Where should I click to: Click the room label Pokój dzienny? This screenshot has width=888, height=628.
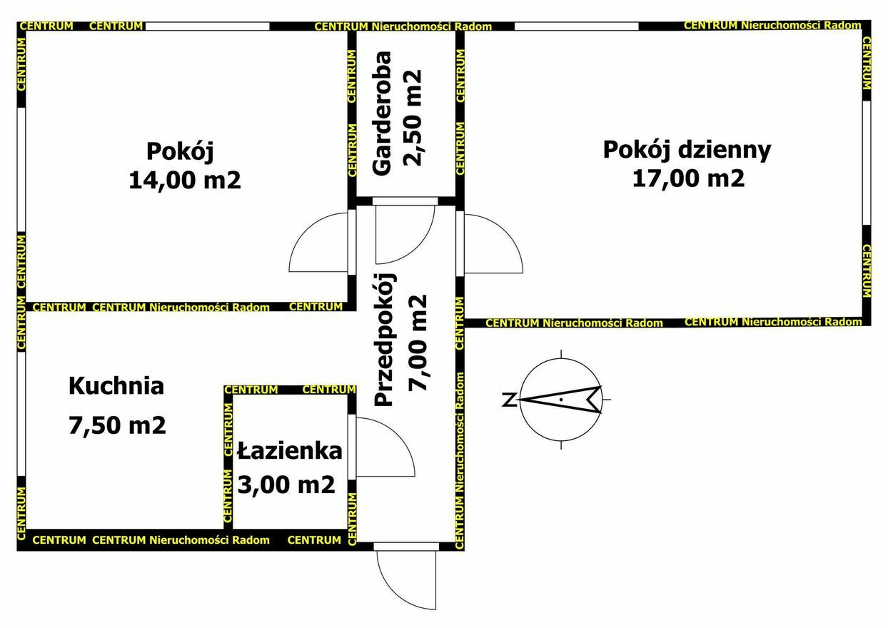[687, 151]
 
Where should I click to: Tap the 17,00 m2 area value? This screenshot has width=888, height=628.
[688, 178]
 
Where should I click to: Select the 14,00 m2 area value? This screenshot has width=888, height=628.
[185, 181]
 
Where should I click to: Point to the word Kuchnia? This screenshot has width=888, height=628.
[116, 386]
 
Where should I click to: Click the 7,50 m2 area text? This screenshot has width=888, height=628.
[117, 425]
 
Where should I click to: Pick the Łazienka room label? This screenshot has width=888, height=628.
[289, 451]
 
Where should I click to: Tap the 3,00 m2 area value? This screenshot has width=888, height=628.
[286, 484]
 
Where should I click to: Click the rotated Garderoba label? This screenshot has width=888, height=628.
[382, 113]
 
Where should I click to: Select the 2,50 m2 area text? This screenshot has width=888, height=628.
[413, 118]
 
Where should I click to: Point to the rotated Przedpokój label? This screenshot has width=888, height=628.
[384, 340]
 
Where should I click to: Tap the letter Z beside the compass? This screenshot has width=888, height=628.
[509, 400]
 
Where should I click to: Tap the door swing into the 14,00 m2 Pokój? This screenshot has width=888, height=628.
[306, 230]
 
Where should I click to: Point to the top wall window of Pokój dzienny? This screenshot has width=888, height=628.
[577, 26]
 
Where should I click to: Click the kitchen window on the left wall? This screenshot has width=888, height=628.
[21, 414]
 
